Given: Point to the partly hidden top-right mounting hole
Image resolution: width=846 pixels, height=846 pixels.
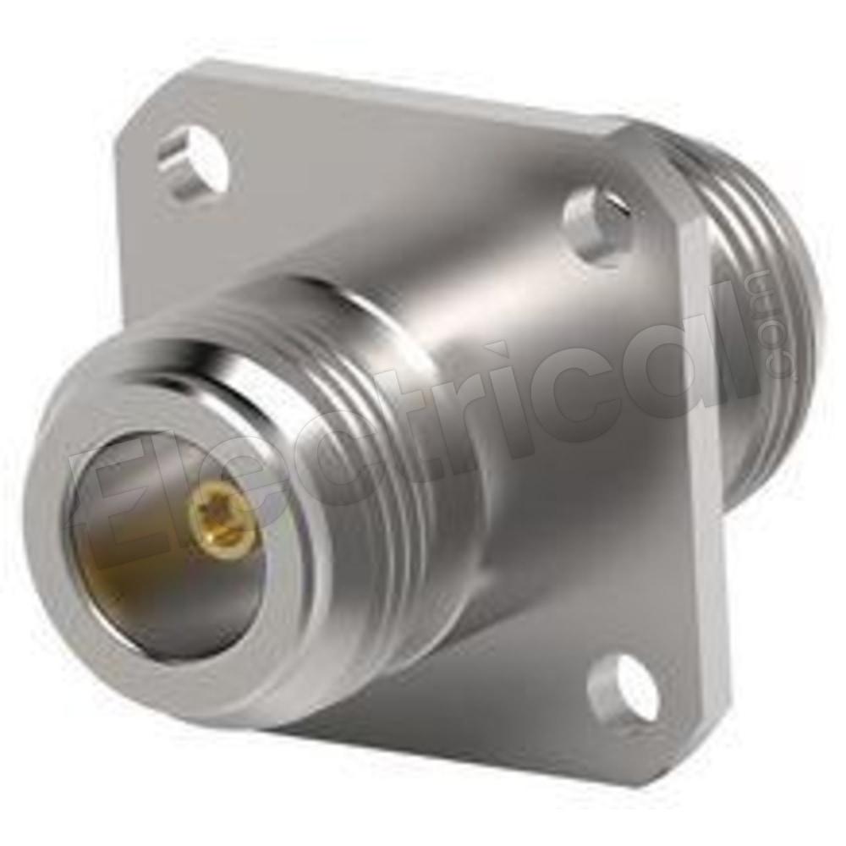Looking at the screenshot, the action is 596,221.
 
